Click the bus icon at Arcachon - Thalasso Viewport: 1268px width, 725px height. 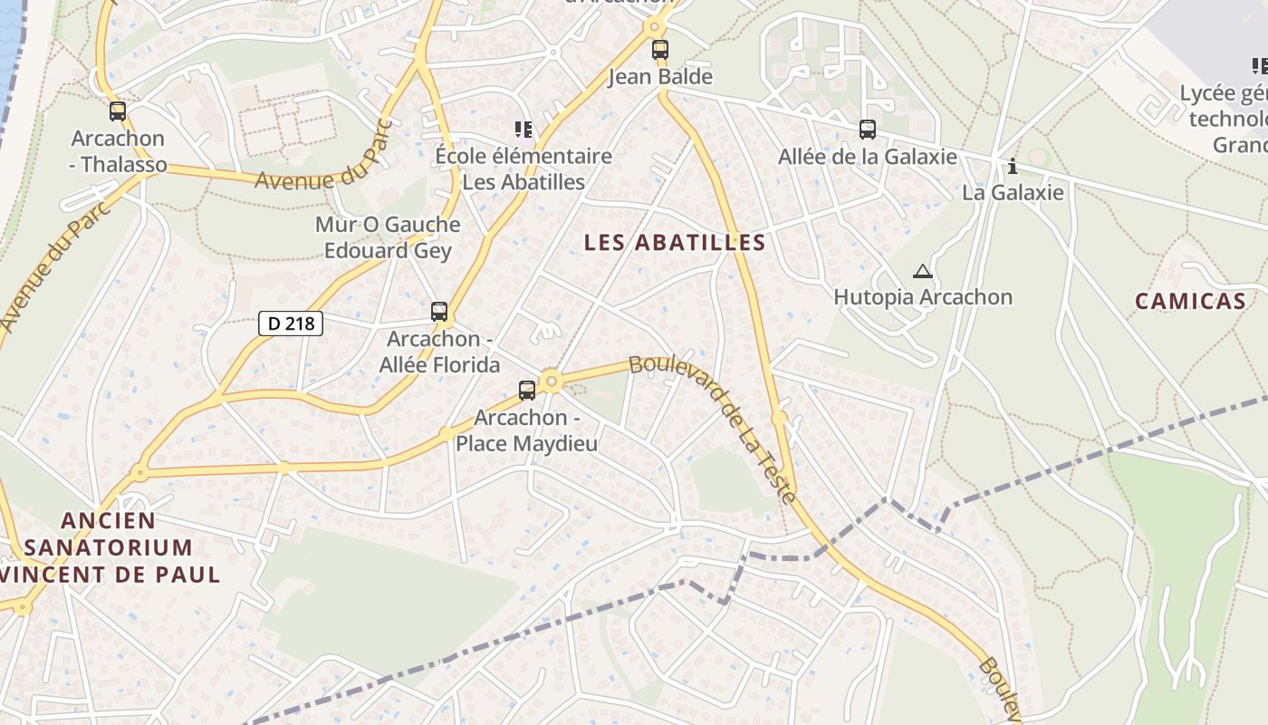[x=118, y=111]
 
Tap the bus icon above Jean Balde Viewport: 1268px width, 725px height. [x=660, y=50]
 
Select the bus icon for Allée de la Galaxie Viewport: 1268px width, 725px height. [x=868, y=130]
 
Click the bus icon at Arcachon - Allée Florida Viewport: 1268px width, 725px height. [x=439, y=312]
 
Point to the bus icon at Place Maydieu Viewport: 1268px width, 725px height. [x=527, y=391]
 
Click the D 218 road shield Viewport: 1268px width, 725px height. [x=291, y=323]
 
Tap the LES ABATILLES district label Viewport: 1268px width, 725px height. [x=675, y=243]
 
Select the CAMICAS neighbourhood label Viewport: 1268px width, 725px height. [x=1190, y=302]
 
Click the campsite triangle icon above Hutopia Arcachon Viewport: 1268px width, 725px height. [x=922, y=271]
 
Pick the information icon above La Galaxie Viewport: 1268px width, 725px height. [x=1013, y=166]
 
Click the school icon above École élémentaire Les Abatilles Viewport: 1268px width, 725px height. [x=523, y=130]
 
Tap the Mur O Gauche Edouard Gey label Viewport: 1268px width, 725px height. [x=388, y=237]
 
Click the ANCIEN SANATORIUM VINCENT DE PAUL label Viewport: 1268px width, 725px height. [x=109, y=547]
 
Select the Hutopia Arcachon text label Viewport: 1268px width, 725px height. [x=922, y=297]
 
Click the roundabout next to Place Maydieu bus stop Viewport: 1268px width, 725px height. [x=552, y=382]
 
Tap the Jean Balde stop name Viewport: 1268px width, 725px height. [x=659, y=77]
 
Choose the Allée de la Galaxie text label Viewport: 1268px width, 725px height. [x=867, y=157]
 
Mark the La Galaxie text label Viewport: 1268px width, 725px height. [x=1013, y=192]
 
